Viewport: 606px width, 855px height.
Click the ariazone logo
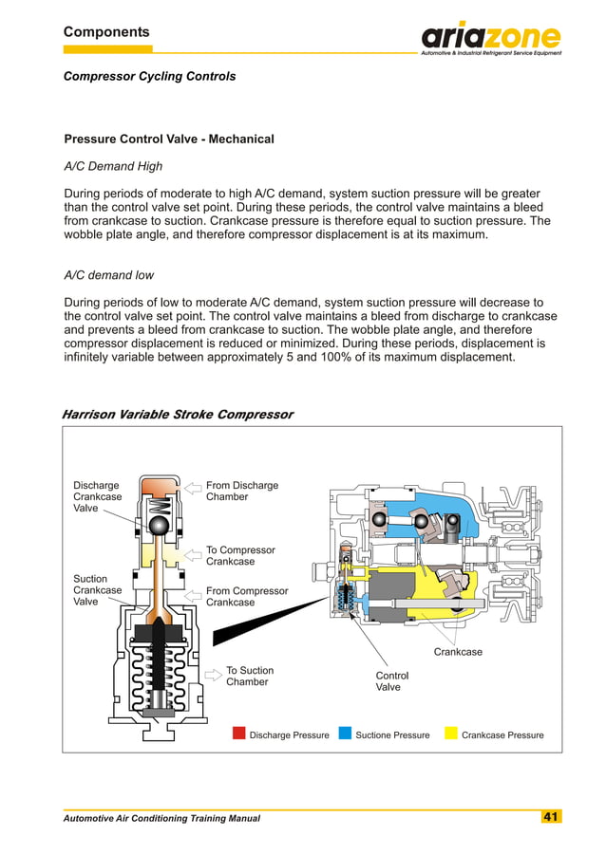pos(490,38)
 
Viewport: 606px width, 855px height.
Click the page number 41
pos(551,817)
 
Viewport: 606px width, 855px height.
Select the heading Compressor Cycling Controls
pos(149,76)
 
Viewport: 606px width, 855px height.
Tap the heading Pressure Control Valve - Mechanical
pos(168,139)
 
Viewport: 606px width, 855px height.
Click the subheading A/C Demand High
pos(112,166)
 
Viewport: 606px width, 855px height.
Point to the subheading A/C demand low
pos(108,275)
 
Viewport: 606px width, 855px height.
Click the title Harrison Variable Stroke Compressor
pos(177,415)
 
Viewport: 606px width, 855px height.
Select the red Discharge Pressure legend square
pos(240,734)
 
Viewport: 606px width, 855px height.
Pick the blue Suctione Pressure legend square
pos(346,734)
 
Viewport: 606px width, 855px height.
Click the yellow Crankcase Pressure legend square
pos(451,734)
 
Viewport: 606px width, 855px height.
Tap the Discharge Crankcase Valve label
pos(97,496)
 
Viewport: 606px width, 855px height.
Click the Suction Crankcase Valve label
pos(97,590)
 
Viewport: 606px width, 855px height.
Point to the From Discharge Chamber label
pos(241,491)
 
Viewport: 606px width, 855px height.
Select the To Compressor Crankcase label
pos(240,555)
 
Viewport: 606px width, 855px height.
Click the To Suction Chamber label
pos(247,676)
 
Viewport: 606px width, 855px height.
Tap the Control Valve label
pos(391,681)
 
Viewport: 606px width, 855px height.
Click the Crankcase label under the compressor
pos(458,652)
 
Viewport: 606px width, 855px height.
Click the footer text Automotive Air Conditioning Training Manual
pos(161,818)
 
